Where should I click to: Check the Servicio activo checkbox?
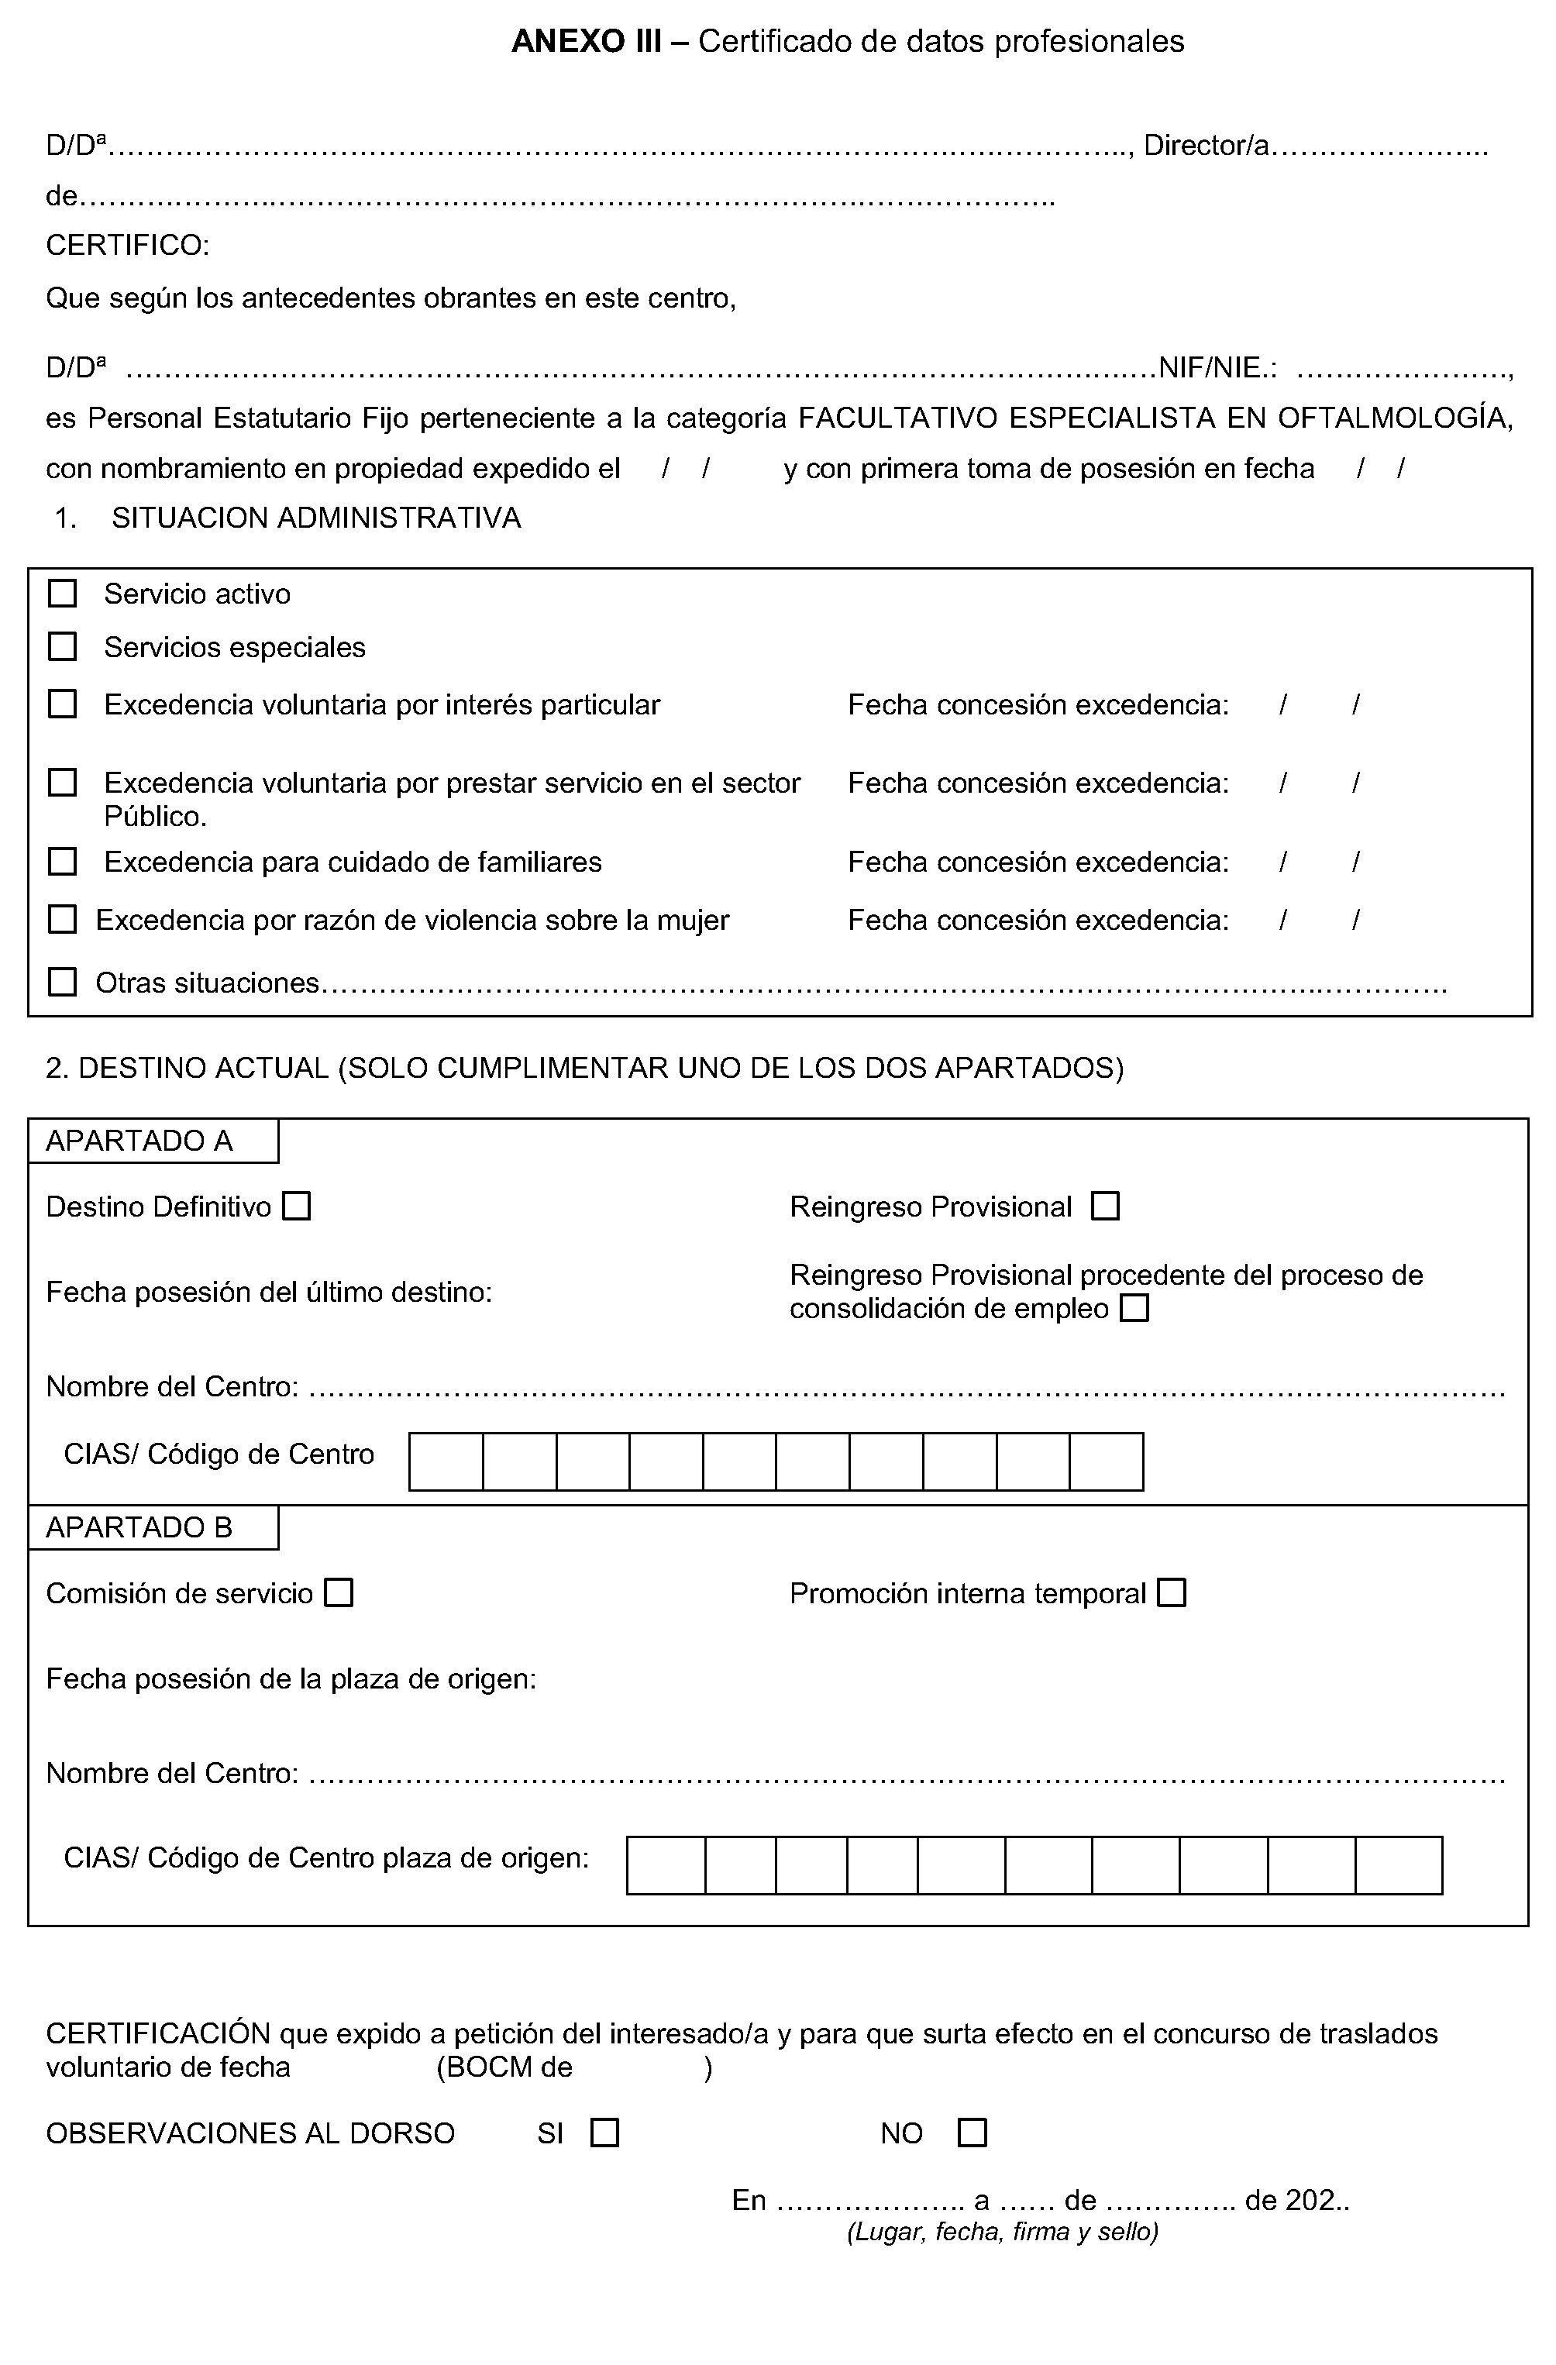[x=63, y=594]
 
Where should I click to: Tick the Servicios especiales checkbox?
[x=63, y=647]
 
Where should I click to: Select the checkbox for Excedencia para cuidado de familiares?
[x=63, y=862]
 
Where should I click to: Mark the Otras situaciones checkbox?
[x=63, y=983]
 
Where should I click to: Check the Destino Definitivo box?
[x=296, y=1207]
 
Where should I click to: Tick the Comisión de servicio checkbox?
[x=340, y=1593]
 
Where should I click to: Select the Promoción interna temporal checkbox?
[x=1172, y=1593]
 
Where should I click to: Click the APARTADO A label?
[x=139, y=1141]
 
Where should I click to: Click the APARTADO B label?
[x=139, y=1527]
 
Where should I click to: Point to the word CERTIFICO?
[x=127, y=246]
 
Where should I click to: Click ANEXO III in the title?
[x=587, y=41]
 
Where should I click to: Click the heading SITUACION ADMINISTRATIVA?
[x=316, y=518]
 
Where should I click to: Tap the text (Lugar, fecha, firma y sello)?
[x=1003, y=2232]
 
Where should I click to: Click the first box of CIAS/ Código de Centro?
[x=446, y=1461]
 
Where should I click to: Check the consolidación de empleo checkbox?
[x=1134, y=1308]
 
